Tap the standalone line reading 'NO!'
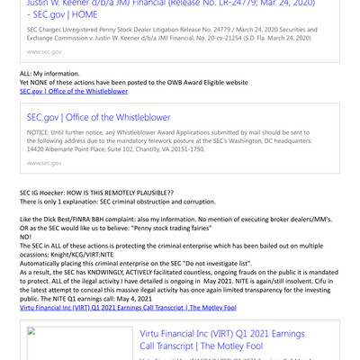pyautogui.click(x=26, y=237)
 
